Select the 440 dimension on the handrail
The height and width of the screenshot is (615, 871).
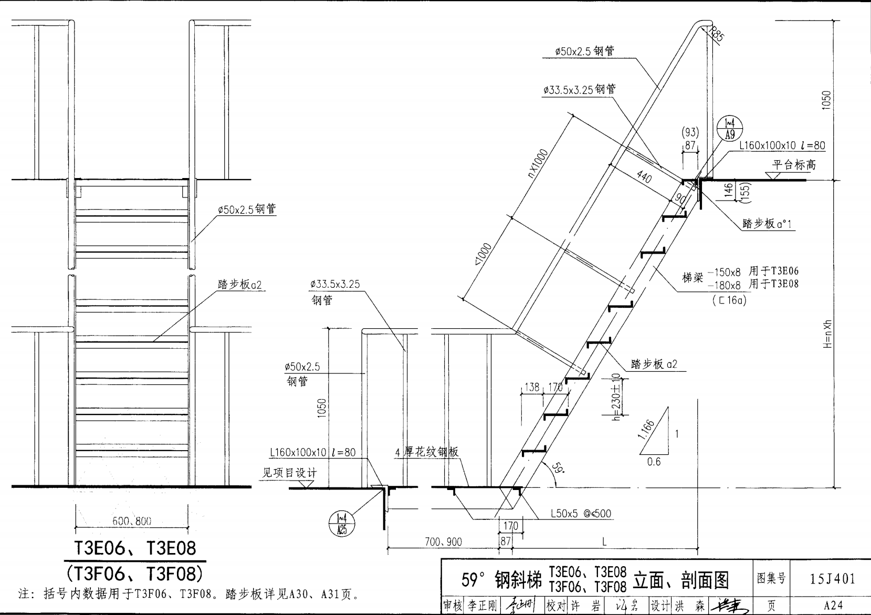click(644, 177)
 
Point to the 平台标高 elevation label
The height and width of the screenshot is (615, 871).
click(794, 164)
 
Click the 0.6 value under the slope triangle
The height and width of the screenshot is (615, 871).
click(654, 462)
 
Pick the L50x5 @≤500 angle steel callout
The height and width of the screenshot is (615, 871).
click(581, 513)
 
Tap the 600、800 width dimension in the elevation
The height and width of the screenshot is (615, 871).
click(132, 521)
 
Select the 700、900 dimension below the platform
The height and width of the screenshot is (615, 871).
click(443, 541)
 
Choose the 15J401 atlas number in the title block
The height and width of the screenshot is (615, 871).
click(832, 579)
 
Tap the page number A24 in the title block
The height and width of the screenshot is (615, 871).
click(833, 606)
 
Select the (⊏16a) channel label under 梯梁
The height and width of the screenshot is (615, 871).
click(729, 300)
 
